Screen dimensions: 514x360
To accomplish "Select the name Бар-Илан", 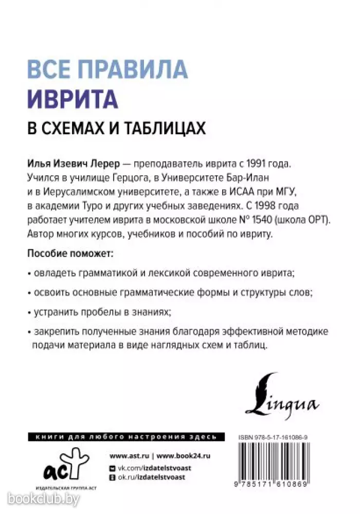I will (x=251, y=178).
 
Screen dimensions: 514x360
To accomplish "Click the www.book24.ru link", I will (x=184, y=456).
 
